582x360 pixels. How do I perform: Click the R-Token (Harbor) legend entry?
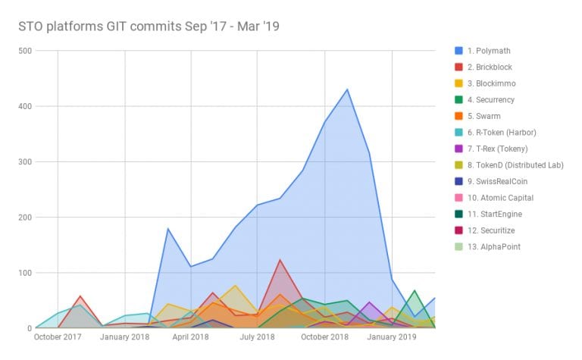[x=508, y=133]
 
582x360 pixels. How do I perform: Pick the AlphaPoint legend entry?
[x=499, y=246]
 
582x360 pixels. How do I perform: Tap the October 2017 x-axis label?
[x=58, y=336]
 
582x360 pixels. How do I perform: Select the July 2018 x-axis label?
[x=258, y=336]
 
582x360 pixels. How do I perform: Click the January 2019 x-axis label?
[x=393, y=336]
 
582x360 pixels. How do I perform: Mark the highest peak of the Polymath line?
[x=347, y=89]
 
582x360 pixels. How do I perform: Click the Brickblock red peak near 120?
[x=280, y=260]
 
